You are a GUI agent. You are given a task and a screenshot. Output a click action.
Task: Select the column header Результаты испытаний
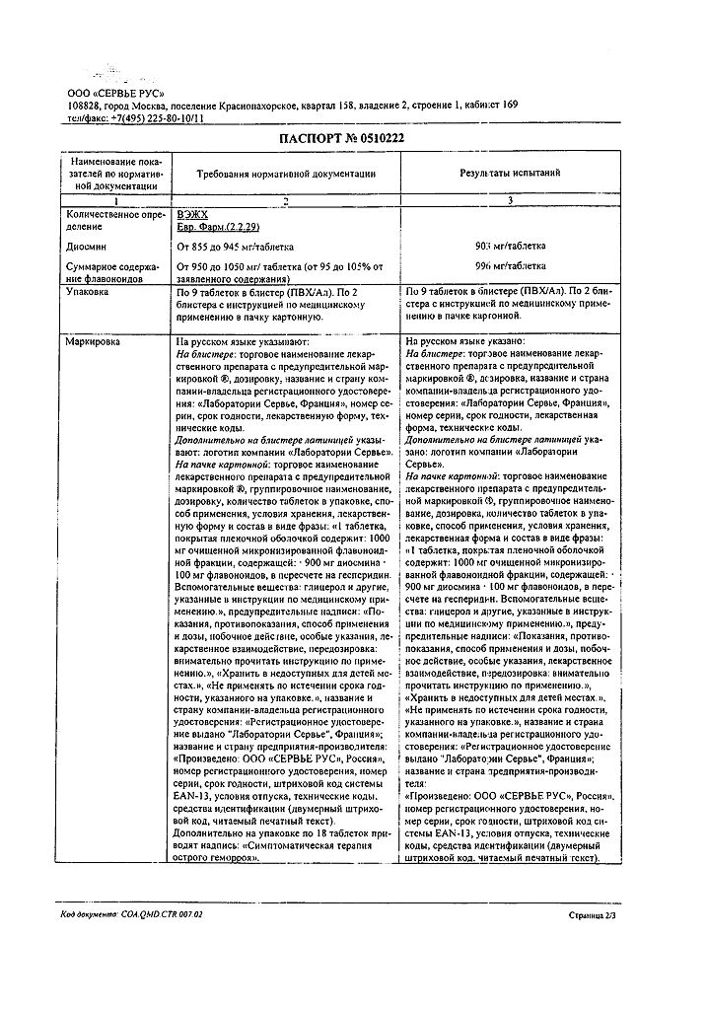click(x=511, y=173)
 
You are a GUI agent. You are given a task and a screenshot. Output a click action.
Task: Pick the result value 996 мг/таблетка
click(x=511, y=266)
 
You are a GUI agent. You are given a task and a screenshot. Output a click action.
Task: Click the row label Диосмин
click(x=88, y=245)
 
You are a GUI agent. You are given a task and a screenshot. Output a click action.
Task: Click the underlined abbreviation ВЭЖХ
click(x=192, y=213)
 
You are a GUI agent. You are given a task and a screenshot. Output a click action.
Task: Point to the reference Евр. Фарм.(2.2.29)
click(x=219, y=226)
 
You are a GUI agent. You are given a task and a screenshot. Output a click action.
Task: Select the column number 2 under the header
click(x=287, y=201)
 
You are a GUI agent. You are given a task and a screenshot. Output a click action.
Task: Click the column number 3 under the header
click(x=511, y=201)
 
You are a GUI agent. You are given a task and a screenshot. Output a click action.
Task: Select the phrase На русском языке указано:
click(x=461, y=340)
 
